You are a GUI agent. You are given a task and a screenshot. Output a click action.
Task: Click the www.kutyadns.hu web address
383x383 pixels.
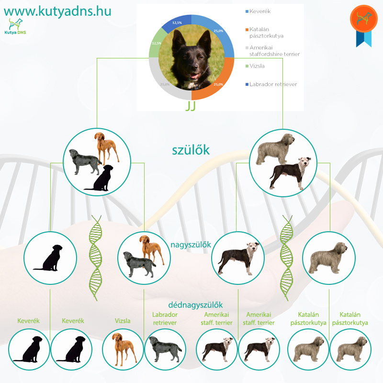[x=57, y=11]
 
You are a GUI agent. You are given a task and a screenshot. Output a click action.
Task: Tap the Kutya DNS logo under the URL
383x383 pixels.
[x=15, y=26]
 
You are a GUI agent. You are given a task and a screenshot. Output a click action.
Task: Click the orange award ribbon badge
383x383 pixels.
[x=364, y=26]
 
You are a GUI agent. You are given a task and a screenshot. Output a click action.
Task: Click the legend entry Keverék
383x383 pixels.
[x=258, y=11]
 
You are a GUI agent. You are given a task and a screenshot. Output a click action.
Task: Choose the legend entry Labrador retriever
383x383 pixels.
[x=271, y=84]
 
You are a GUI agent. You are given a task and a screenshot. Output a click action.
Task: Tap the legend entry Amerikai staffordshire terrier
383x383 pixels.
[x=272, y=51]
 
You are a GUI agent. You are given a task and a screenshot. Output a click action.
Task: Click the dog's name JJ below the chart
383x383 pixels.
[x=191, y=106]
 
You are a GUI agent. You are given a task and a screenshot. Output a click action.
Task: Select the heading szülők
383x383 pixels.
[x=191, y=150]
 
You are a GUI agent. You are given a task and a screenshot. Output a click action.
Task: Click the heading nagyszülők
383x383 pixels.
[x=191, y=245]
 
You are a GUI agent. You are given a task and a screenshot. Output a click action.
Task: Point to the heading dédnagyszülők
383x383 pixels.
[x=195, y=305]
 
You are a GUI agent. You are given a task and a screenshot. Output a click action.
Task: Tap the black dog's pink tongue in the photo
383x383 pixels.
[x=195, y=76]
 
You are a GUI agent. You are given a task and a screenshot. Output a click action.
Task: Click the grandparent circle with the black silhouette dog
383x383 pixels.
[x=50, y=258]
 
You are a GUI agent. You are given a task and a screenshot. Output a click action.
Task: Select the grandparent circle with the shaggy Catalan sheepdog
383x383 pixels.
[x=328, y=258]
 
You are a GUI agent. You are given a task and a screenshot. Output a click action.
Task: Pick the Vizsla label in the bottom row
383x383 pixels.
[x=123, y=321]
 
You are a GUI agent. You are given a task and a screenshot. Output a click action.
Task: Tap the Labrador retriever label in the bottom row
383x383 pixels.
[x=165, y=318]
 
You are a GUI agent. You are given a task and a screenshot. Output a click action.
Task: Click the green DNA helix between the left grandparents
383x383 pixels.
[x=95, y=258]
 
